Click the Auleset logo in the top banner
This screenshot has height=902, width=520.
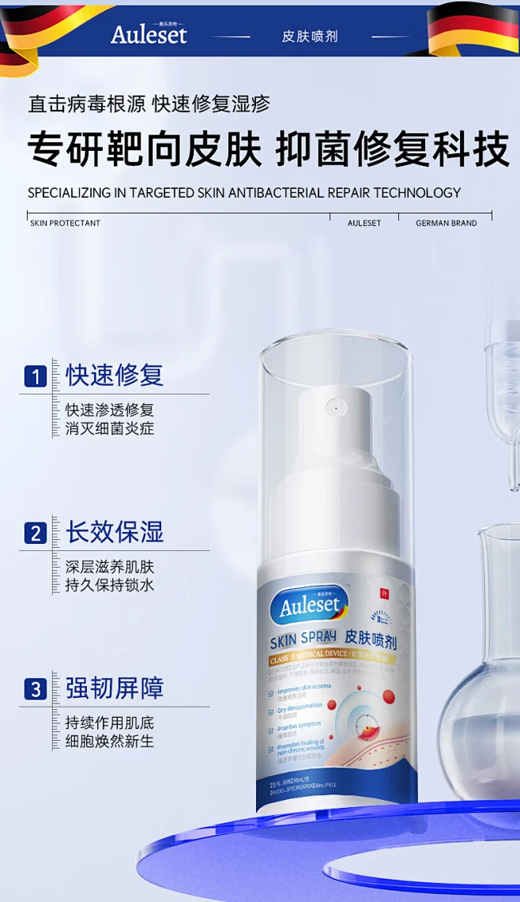pos(149,34)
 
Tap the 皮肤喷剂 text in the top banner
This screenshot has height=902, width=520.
pos(310,36)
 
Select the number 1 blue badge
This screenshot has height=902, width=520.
pos(35,376)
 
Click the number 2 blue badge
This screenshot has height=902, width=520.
pos(35,534)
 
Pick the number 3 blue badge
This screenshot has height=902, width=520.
pos(35,689)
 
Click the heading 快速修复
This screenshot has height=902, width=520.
pos(115,375)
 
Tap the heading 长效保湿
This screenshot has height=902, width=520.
pos(115,532)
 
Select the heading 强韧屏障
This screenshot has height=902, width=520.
pos(115,688)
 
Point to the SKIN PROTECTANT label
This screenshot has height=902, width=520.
pos(65,223)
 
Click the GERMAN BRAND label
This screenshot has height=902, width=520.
pos(447,223)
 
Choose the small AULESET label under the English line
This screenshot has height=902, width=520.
pos(364,223)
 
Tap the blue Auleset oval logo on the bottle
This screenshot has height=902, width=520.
pos(308,606)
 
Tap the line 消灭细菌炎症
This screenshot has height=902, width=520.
pos(110,428)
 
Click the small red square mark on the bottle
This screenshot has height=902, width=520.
pos(385,594)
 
